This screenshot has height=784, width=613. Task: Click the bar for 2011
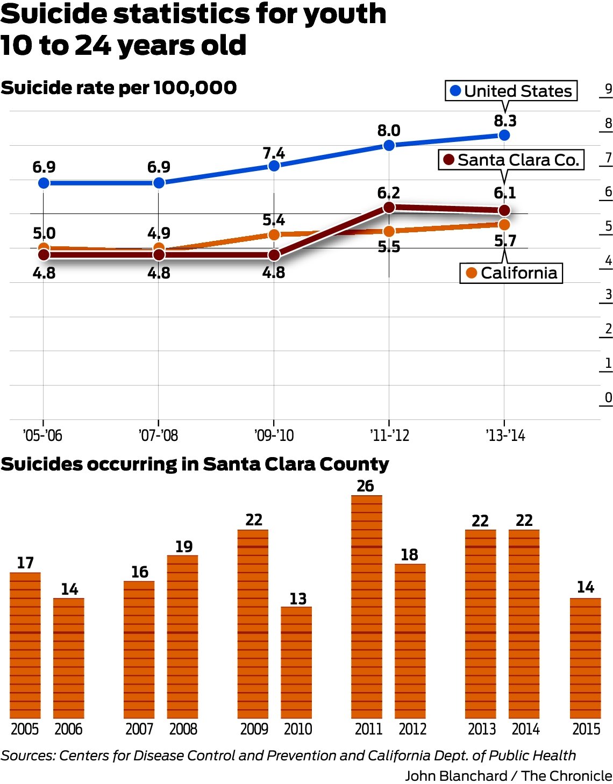coord(367,607)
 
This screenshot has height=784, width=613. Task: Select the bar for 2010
coord(296,662)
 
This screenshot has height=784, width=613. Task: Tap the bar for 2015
coord(585,658)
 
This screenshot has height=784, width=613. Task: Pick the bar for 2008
coord(182,637)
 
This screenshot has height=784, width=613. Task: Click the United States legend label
coord(511,91)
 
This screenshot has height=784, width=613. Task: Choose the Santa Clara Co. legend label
coord(511,160)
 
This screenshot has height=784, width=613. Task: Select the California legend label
coord(511,273)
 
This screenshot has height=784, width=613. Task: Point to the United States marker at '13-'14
coord(504,135)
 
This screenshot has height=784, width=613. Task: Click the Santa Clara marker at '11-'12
coord(389,207)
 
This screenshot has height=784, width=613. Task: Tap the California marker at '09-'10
coord(274,234)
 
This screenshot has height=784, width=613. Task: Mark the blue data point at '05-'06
coord(44,183)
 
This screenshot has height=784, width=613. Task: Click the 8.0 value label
coord(389,131)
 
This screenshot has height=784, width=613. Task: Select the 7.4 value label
coord(274,154)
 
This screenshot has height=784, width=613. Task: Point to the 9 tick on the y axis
coord(608,89)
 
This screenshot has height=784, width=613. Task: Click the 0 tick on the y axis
coord(608,398)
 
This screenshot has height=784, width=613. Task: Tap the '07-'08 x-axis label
coord(158,435)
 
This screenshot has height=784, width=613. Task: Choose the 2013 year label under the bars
coord(481,729)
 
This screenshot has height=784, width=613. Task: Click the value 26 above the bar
coord(366,486)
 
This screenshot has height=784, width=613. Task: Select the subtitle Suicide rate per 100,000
coord(119,88)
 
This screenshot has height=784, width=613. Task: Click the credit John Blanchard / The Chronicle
coord(508,775)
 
